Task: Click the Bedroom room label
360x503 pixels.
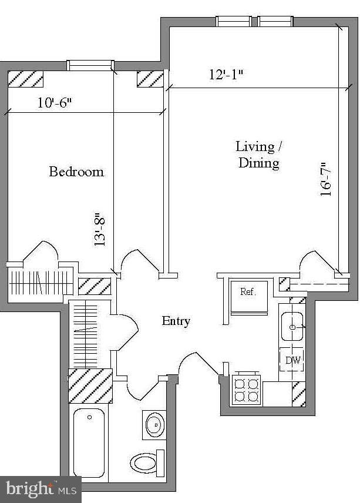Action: tap(76, 172)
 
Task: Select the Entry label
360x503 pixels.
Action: tap(176, 321)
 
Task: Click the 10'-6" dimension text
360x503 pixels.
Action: tap(55, 103)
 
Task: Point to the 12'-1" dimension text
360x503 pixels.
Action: tap(226, 75)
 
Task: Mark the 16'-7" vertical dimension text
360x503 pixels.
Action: tap(327, 179)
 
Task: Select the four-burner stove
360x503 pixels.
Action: tap(247, 389)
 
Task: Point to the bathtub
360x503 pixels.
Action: tap(89, 441)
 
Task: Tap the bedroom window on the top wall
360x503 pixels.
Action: tap(90, 65)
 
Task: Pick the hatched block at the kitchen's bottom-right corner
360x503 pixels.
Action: tap(299, 394)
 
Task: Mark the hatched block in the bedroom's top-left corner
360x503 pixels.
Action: tap(26, 79)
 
